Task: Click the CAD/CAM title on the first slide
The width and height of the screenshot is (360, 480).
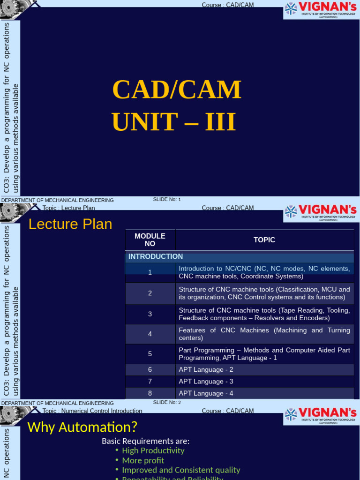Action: click(177, 90)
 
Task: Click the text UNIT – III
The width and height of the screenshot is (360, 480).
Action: click(173, 121)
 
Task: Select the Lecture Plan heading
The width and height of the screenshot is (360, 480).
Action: click(70, 224)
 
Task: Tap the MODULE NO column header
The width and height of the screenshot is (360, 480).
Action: click(150, 240)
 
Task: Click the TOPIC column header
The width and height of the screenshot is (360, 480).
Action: click(264, 240)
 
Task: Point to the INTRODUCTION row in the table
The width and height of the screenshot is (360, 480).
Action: click(156, 256)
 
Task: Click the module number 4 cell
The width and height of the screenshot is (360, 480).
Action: click(150, 334)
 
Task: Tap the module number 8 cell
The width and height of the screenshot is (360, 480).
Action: click(150, 393)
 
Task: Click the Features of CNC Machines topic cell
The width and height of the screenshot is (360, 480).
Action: click(264, 334)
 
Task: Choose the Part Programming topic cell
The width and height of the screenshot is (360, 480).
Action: click(264, 354)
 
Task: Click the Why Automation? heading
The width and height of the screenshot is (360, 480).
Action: click(82, 427)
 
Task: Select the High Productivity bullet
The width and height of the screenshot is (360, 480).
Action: click(153, 450)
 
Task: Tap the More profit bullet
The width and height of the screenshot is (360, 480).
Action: click(143, 460)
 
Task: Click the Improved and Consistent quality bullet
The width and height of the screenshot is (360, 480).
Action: click(181, 470)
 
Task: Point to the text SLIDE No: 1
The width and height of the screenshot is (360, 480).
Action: click(167, 199)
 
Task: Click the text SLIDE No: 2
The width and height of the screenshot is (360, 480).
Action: click(167, 402)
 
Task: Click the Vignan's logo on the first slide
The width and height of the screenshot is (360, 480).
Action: click(321, 10)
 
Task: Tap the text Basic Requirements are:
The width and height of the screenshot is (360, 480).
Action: click(146, 441)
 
